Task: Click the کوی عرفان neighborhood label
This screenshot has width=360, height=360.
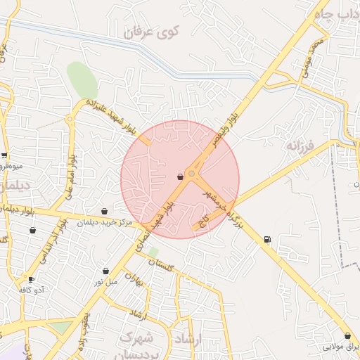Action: (151, 32)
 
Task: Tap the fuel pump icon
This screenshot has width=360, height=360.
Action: (267, 240)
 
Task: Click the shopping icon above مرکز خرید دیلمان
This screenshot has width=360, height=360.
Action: (105, 211)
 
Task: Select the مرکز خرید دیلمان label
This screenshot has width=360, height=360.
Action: (107, 223)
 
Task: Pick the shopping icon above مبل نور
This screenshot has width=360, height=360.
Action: (105, 271)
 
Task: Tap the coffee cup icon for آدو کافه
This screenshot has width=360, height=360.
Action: (31, 279)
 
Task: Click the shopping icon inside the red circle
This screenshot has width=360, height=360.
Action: (181, 176)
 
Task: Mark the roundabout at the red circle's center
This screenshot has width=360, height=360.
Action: (192, 173)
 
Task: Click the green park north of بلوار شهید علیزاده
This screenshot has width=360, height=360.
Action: (82, 80)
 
